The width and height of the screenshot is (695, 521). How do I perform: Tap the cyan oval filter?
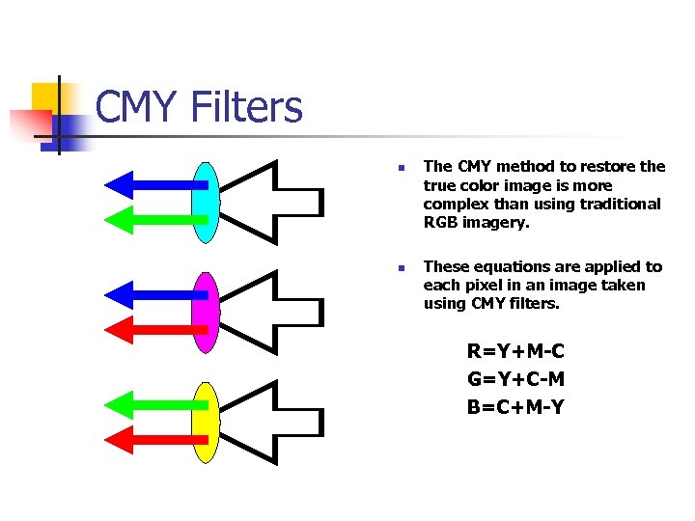point(205,202)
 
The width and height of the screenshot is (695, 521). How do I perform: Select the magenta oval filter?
point(205,312)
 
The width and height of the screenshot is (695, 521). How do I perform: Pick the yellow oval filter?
point(205,422)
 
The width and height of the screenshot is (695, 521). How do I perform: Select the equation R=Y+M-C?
point(515,350)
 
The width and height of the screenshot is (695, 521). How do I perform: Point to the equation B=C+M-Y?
point(515,407)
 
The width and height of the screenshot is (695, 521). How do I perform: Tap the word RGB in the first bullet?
point(442,223)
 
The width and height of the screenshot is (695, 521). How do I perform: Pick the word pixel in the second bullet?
point(486,285)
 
